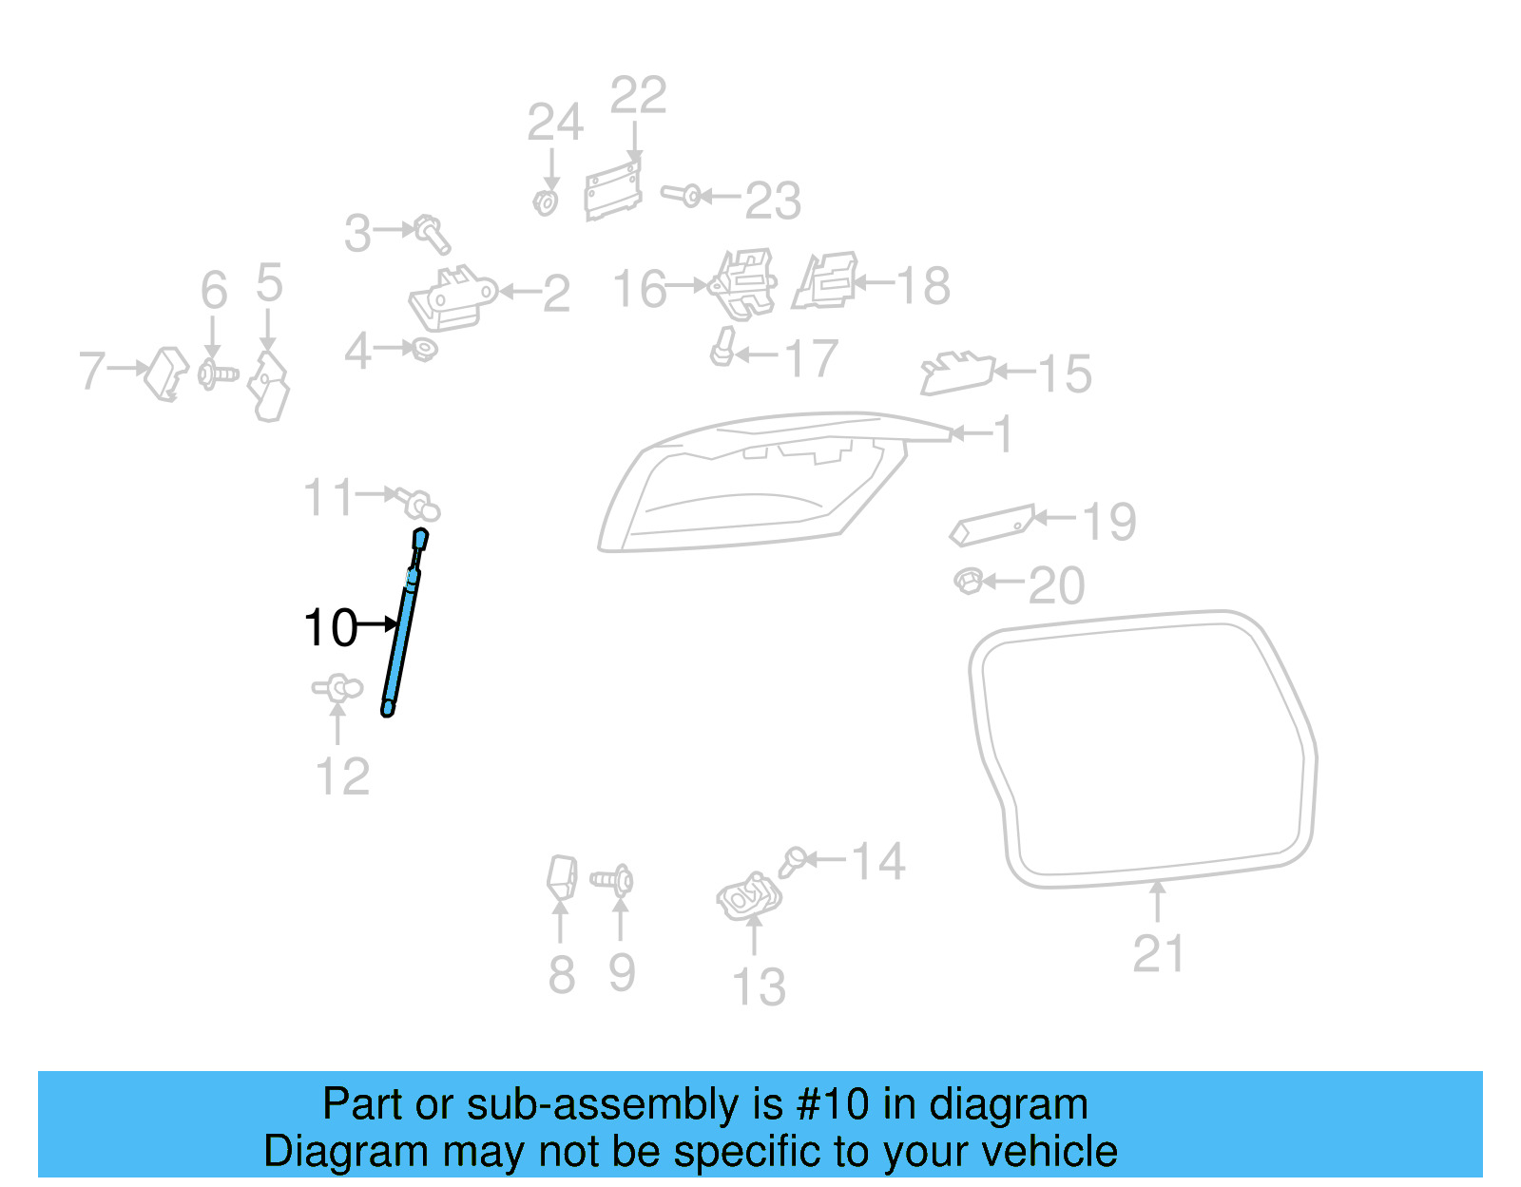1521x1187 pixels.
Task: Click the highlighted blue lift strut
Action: click(x=403, y=627)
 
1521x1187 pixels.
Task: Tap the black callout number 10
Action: click(x=330, y=628)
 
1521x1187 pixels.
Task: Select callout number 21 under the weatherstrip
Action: click(x=1158, y=954)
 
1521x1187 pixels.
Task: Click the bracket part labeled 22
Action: click(x=612, y=190)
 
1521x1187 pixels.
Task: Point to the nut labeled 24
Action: click(x=546, y=202)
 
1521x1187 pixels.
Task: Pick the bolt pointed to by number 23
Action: click(x=681, y=196)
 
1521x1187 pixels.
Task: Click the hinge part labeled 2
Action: click(x=452, y=298)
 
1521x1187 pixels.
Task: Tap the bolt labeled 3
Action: click(x=433, y=232)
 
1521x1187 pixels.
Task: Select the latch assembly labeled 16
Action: click(x=743, y=283)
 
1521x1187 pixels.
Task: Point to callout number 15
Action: click(x=1065, y=373)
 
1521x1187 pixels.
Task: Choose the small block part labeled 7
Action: click(x=167, y=373)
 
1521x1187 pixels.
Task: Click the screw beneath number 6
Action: click(x=217, y=373)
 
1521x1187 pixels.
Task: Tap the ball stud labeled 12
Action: click(x=337, y=688)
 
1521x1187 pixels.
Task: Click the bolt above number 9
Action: click(x=614, y=881)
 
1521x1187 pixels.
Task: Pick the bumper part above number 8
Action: click(x=562, y=876)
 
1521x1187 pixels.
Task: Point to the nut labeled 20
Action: click(x=968, y=581)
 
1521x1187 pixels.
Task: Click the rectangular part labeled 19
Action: click(x=992, y=525)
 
